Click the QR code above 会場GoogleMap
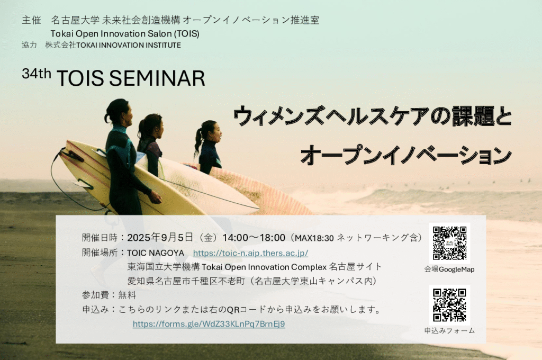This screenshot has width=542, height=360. [x=449, y=243]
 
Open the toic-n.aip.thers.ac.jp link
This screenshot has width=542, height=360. [x=250, y=253]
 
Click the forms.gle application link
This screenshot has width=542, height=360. [x=209, y=324]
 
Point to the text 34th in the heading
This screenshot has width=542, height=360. [x=37, y=73]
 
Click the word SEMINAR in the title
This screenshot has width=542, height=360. [x=157, y=78]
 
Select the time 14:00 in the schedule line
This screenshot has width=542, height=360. [x=235, y=238]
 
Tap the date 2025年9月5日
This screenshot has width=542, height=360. [x=160, y=237]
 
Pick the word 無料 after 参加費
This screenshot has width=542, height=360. [x=127, y=295]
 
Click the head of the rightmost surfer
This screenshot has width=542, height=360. [x=210, y=131]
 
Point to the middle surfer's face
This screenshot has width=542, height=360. [x=157, y=127]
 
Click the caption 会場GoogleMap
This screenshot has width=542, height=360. [x=449, y=269]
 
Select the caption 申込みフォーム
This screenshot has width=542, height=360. [x=449, y=330]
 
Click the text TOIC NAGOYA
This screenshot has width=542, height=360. [x=156, y=253]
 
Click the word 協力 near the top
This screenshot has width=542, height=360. [x=29, y=45]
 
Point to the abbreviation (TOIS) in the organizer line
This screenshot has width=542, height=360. [x=187, y=33]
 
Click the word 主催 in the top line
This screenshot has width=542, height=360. [x=31, y=20]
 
